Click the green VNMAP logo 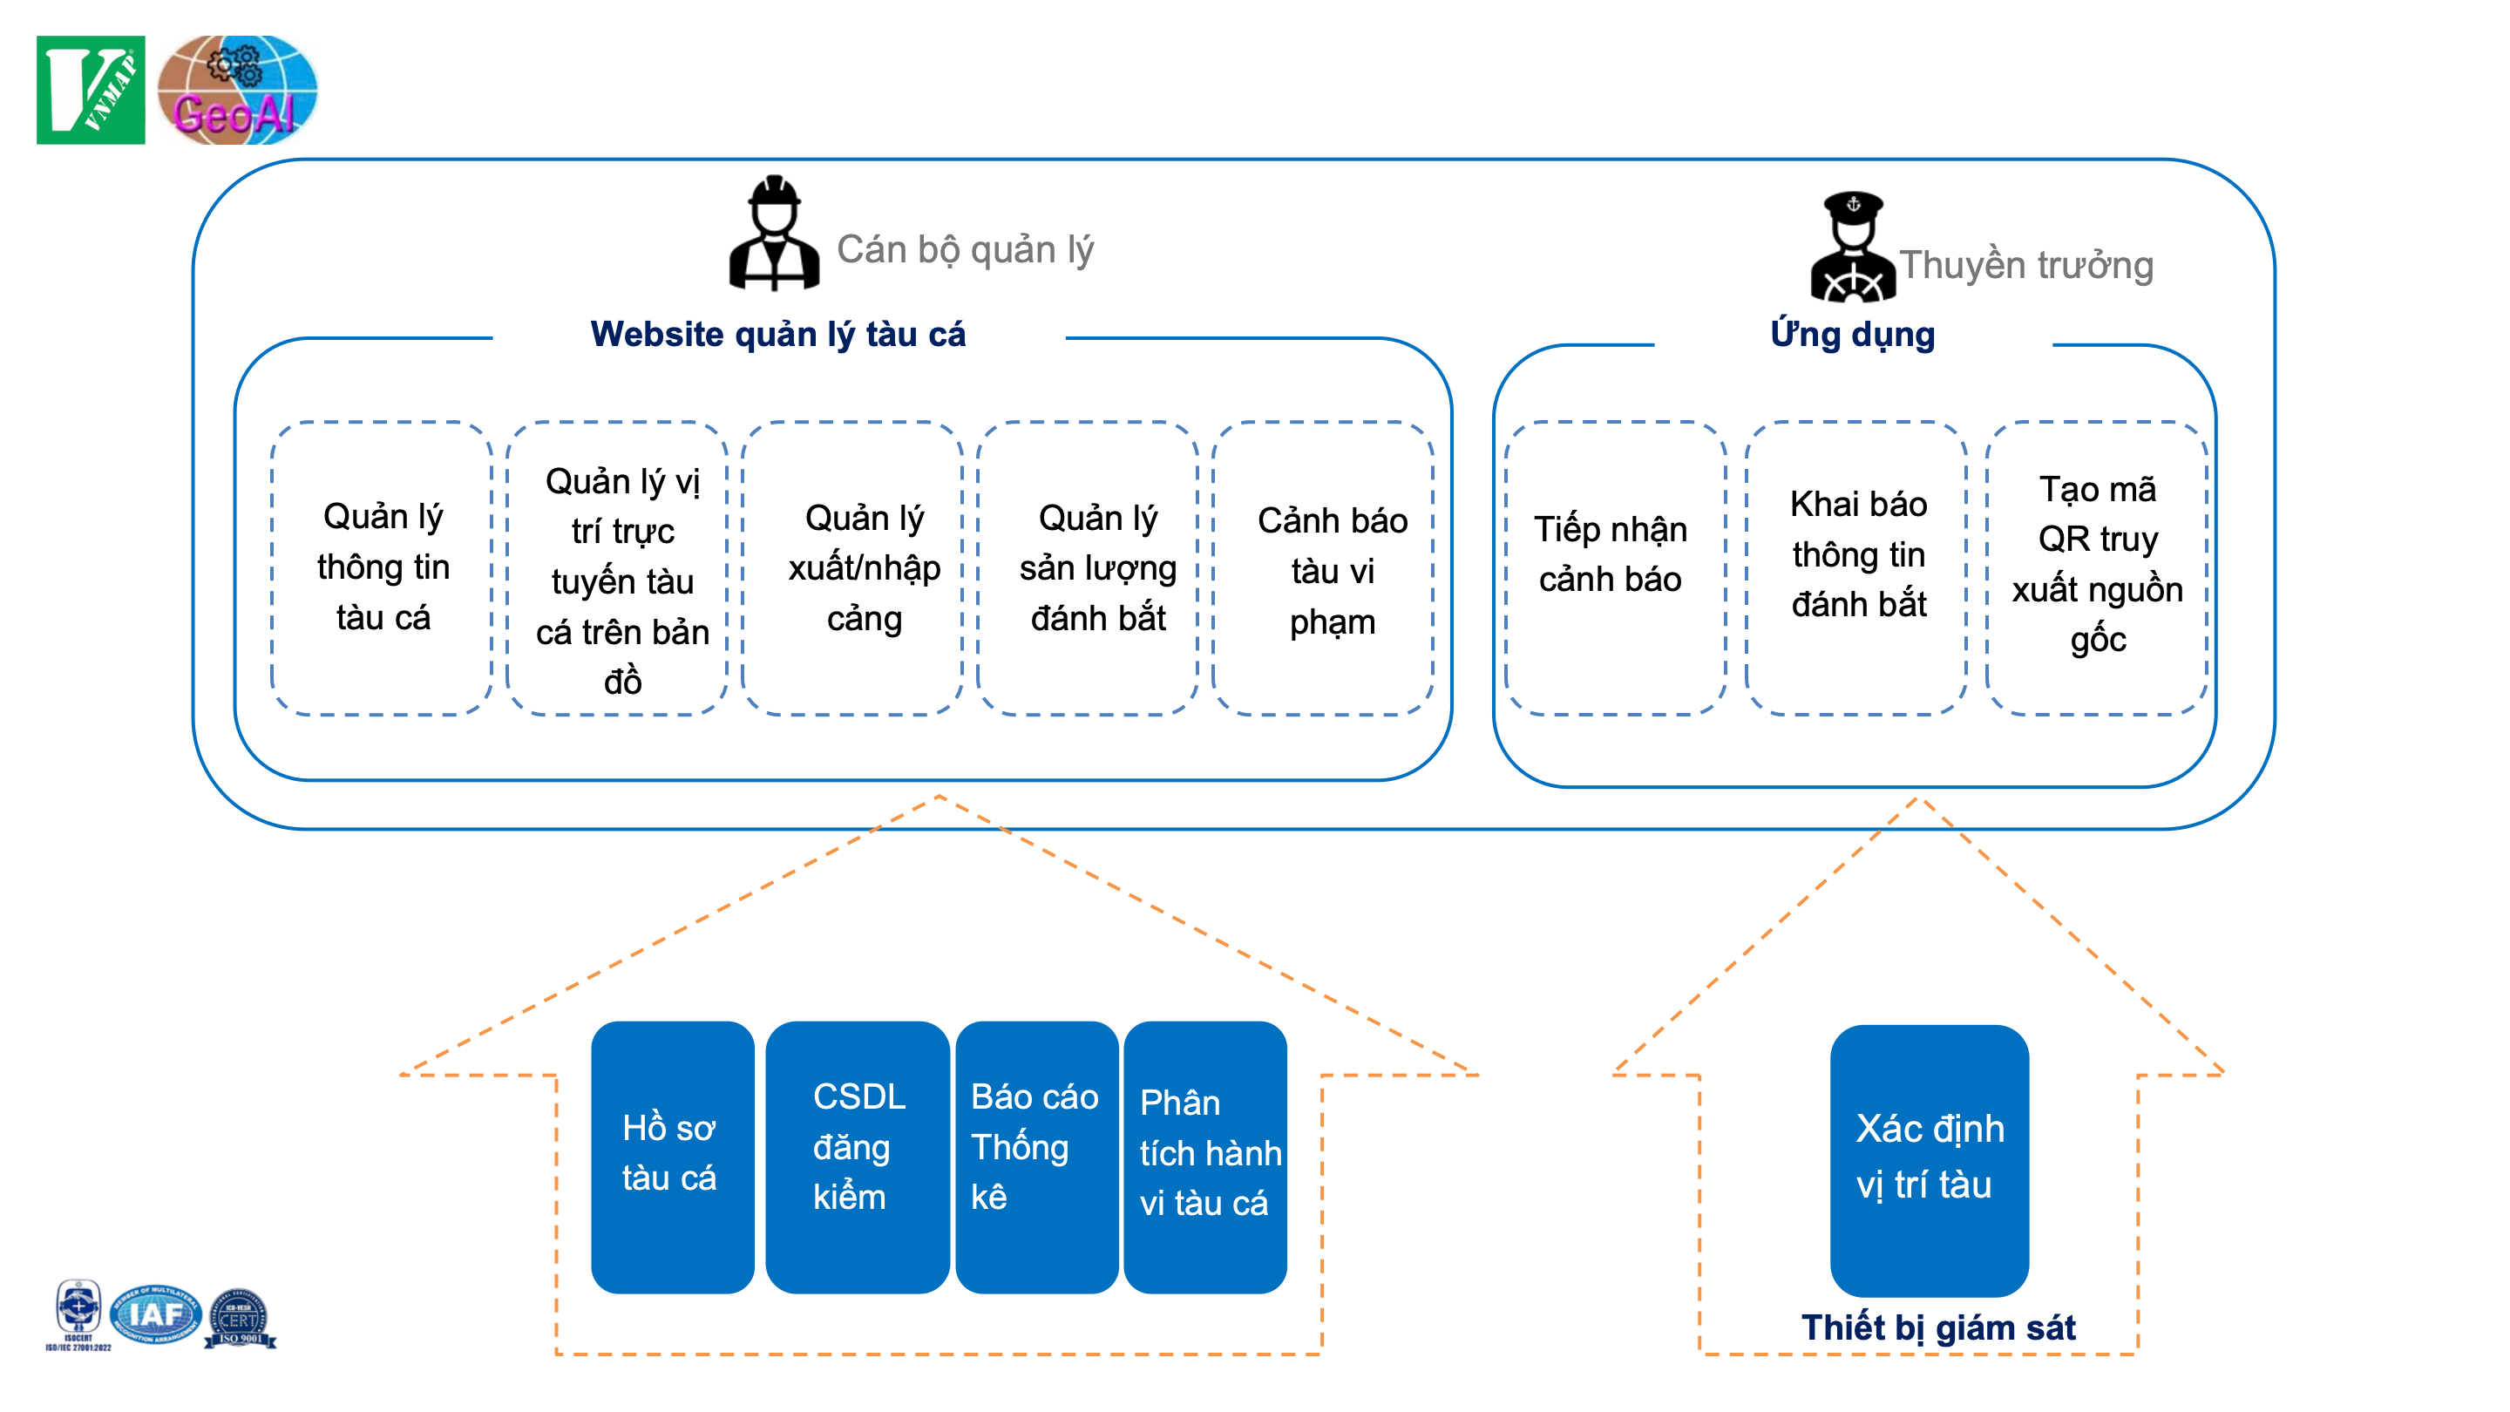pyautogui.click(x=91, y=90)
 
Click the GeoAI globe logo pyautogui.click(x=237, y=90)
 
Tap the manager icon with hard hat pyautogui.click(x=774, y=234)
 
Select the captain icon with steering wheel pyautogui.click(x=1852, y=248)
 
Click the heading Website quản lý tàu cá pyautogui.click(x=777, y=334)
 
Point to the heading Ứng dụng pyautogui.click(x=1851, y=334)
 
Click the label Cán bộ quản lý pyautogui.click(x=965, y=249)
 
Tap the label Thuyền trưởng pyautogui.click(x=2025, y=265)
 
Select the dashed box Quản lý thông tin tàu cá pyautogui.click(x=382, y=567)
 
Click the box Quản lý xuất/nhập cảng pyautogui.click(x=864, y=567)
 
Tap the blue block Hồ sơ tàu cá pyautogui.click(x=671, y=1156)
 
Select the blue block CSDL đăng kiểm pyautogui.click(x=857, y=1156)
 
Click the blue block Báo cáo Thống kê pyautogui.click(x=1035, y=1156)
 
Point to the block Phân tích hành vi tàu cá pyautogui.click(x=1205, y=1156)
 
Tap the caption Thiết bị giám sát pyautogui.click(x=1937, y=1327)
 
